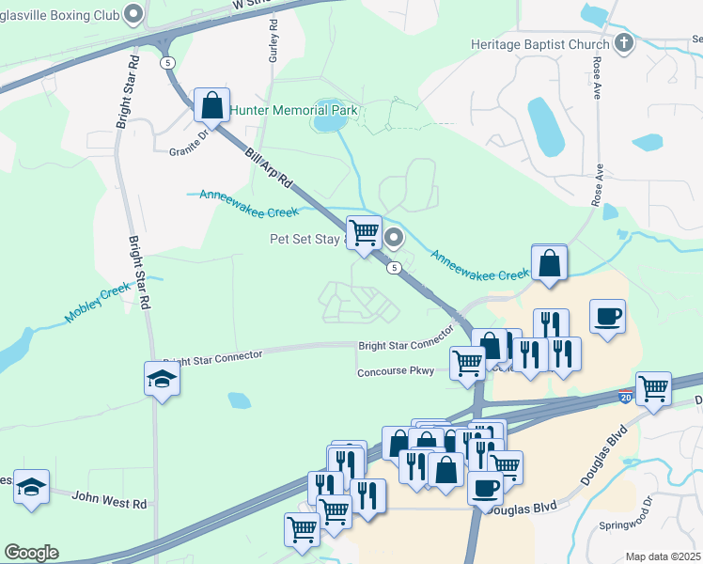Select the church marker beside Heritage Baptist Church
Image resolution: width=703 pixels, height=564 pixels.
624,43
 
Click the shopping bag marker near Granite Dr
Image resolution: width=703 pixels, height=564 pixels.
211,105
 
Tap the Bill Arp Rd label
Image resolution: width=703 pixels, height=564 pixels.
271,168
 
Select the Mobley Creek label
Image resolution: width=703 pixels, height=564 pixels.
98,305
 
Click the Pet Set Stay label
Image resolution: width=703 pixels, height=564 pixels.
306,239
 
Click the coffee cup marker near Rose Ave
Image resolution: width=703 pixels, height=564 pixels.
608,316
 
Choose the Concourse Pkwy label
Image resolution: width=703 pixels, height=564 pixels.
395,372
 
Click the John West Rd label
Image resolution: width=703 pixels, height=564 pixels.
110,504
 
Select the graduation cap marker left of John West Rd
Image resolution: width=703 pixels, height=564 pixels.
32,487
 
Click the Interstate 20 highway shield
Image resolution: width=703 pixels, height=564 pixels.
626,399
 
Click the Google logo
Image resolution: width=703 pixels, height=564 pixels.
31,553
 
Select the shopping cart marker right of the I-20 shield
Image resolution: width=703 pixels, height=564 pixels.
653,386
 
